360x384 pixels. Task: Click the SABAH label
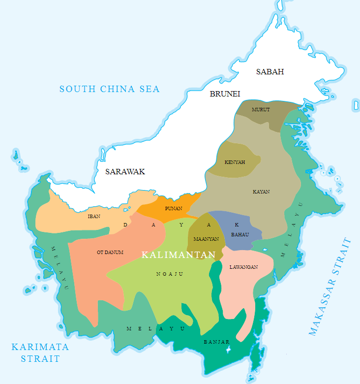pyautogui.click(x=270, y=72)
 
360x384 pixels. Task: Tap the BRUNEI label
pyautogui.click(x=225, y=94)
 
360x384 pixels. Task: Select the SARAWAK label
pyautogui.click(x=125, y=172)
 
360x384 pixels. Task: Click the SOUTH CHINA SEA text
pyautogui.click(x=110, y=89)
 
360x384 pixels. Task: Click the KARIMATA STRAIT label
pyautogui.click(x=40, y=352)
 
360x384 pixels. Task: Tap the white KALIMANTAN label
pyautogui.click(x=179, y=255)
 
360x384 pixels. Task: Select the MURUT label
pyautogui.click(x=261, y=109)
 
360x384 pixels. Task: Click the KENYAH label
pyautogui.click(x=235, y=162)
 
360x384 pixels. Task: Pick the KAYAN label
pyautogui.click(x=261, y=192)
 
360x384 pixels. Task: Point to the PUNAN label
pyautogui.click(x=173, y=208)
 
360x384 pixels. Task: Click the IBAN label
pyautogui.click(x=94, y=216)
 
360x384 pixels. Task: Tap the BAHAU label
pyautogui.click(x=240, y=235)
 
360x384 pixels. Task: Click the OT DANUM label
pyautogui.click(x=110, y=253)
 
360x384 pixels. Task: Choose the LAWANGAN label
pyautogui.click(x=243, y=267)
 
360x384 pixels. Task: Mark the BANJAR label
pyautogui.click(x=217, y=342)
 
